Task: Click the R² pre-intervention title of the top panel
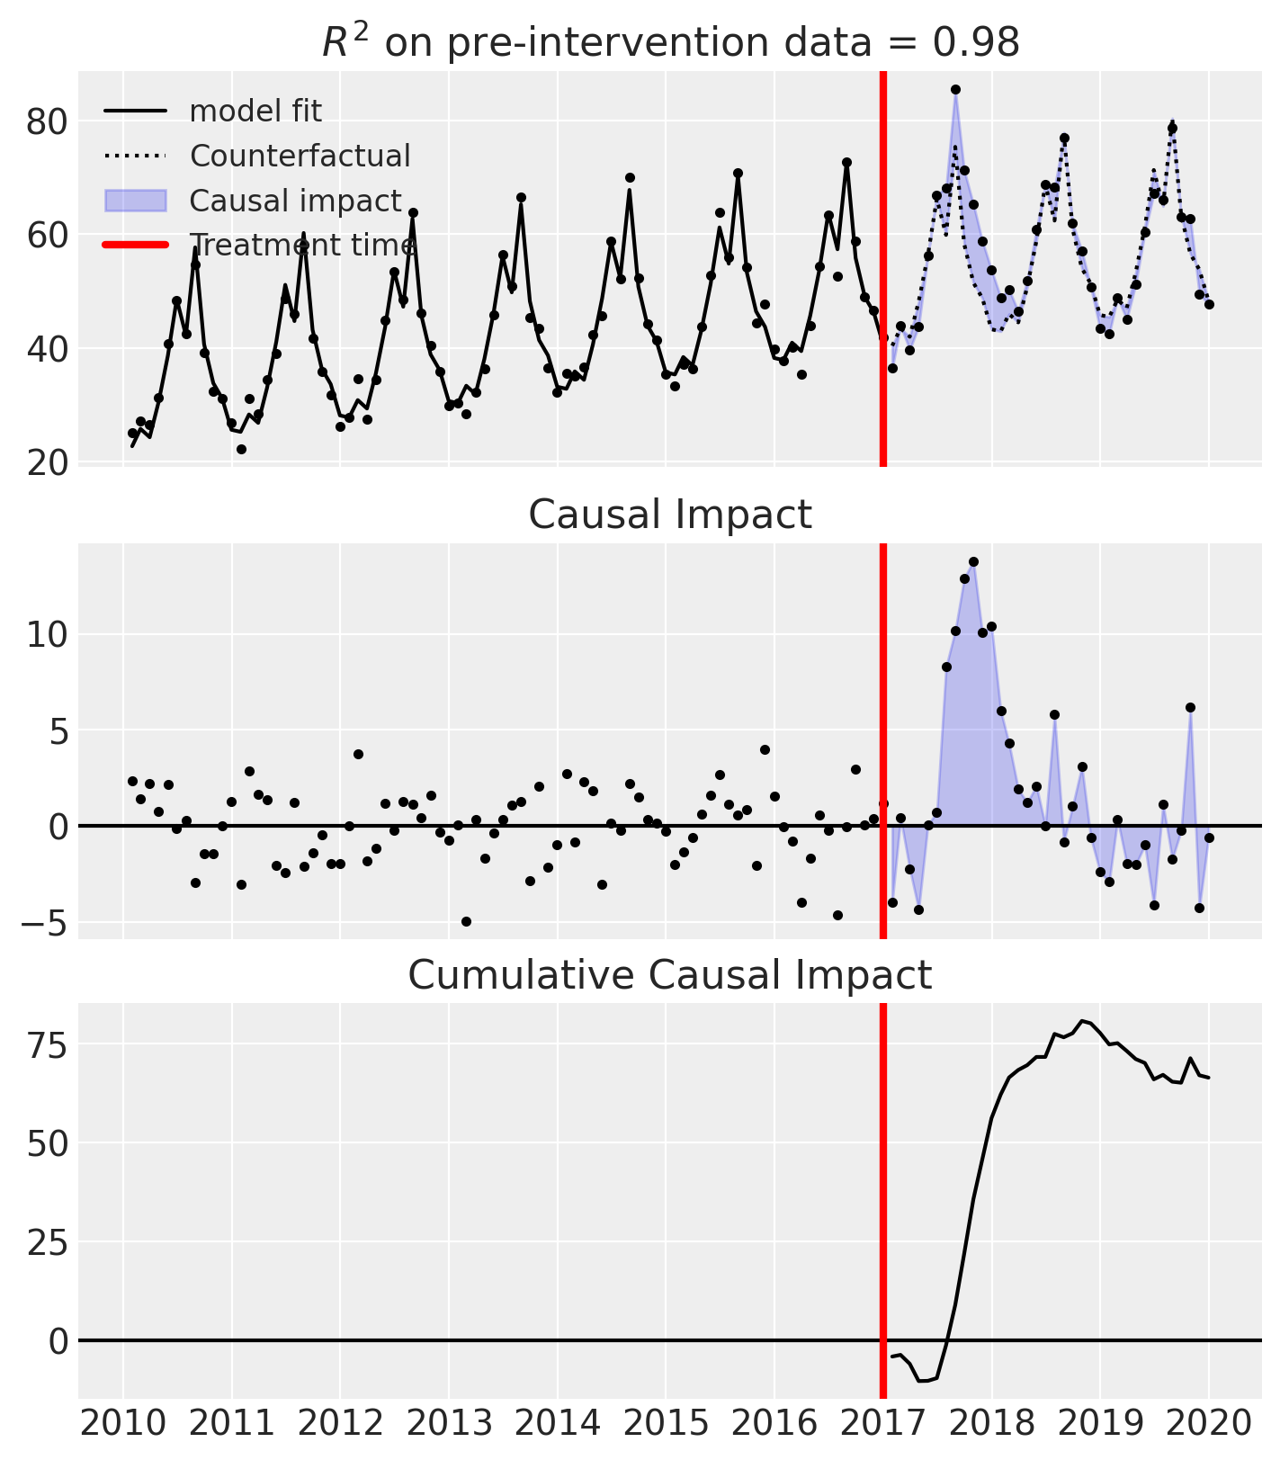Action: pyautogui.click(x=670, y=42)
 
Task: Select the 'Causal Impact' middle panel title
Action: pyautogui.click(x=670, y=515)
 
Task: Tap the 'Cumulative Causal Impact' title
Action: pyautogui.click(x=670, y=975)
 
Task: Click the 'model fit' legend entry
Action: pyautogui.click(x=255, y=112)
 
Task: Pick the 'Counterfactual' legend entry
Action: pyautogui.click(x=300, y=156)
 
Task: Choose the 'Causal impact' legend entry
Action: pyautogui.click(x=295, y=201)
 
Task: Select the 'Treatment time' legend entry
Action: pyautogui.click(x=302, y=245)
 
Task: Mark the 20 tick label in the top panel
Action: pyautogui.click(x=46, y=462)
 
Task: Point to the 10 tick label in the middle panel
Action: pyautogui.click(x=46, y=635)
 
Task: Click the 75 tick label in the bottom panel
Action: pyautogui.click(x=46, y=1044)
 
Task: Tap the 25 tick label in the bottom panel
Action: pyautogui.click(x=46, y=1242)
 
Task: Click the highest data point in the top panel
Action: pyautogui.click(x=955, y=89)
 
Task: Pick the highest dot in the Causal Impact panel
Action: pyautogui.click(x=973, y=561)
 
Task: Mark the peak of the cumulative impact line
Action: pyautogui.click(x=1082, y=1020)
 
